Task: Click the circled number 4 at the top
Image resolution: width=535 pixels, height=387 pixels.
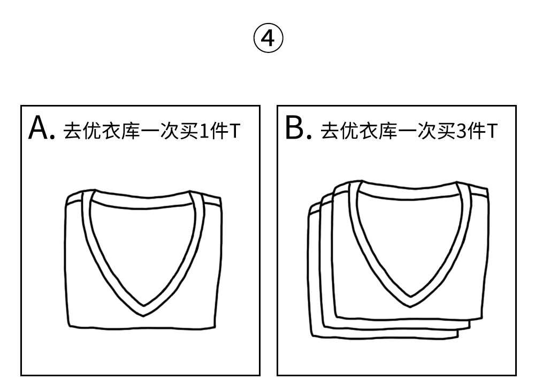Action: click(267, 39)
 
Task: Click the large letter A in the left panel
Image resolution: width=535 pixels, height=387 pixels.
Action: click(39, 128)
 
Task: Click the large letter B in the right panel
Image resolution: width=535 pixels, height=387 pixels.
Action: click(295, 128)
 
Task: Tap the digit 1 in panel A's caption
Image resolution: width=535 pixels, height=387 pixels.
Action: click(204, 131)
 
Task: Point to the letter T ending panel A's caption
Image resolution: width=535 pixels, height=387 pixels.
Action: click(234, 131)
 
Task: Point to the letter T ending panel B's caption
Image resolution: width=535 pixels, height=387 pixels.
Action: click(492, 131)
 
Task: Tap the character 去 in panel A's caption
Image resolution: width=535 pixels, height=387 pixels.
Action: click(72, 131)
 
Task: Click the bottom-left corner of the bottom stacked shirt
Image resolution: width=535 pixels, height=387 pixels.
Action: click(312, 335)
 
